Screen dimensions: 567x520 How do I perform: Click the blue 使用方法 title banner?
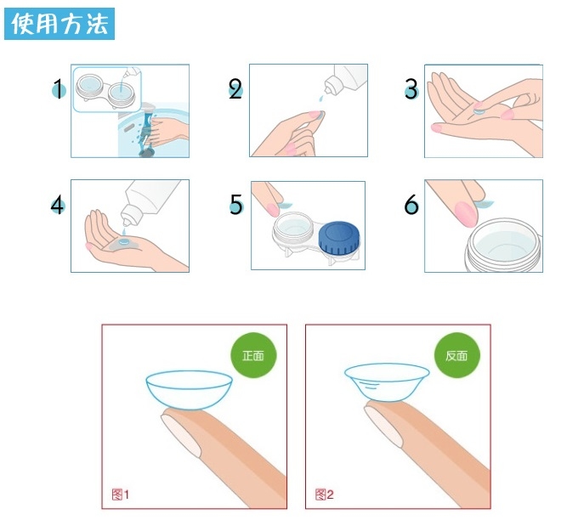(60, 24)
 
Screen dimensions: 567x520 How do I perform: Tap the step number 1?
(58, 89)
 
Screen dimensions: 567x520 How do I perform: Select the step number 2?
(235, 89)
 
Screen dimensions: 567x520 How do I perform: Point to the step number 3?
(411, 89)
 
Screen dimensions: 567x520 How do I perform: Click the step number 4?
(58, 205)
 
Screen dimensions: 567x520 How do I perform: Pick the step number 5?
(236, 204)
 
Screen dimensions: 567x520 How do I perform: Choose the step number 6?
(411, 205)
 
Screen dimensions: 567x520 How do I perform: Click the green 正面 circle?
(253, 355)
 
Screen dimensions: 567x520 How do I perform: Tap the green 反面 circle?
(456, 355)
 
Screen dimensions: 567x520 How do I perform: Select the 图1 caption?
(121, 495)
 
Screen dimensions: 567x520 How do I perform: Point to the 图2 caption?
(324, 495)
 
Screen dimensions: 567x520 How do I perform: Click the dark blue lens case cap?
(339, 238)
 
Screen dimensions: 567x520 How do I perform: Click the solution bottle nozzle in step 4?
(128, 216)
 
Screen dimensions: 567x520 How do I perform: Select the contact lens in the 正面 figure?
(189, 390)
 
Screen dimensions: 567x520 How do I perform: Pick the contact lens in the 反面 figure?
(387, 382)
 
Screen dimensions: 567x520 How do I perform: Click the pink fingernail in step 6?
(466, 214)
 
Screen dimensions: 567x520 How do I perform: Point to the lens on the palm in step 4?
(124, 241)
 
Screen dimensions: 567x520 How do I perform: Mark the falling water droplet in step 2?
(320, 99)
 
